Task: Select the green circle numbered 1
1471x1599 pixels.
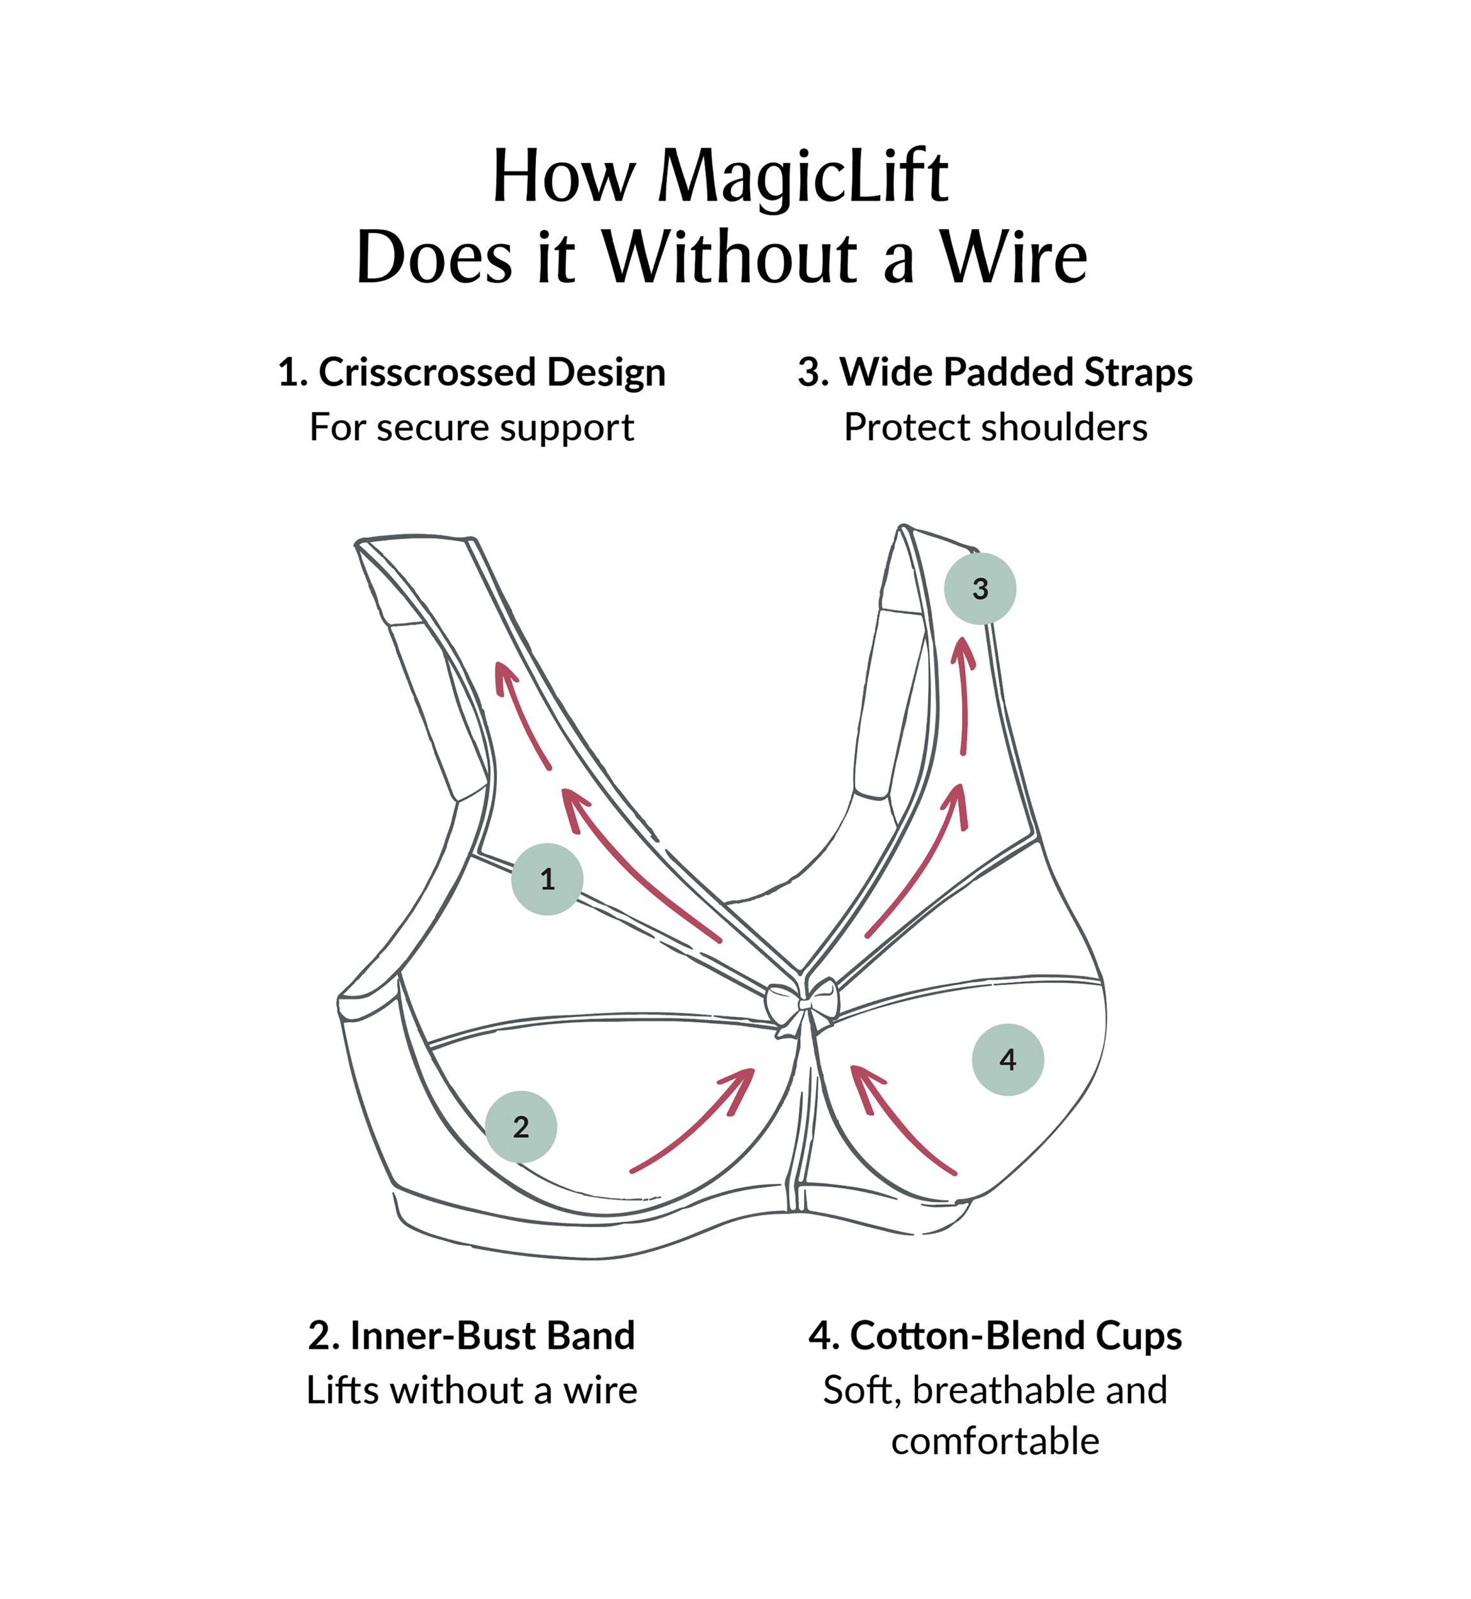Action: click(547, 879)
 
